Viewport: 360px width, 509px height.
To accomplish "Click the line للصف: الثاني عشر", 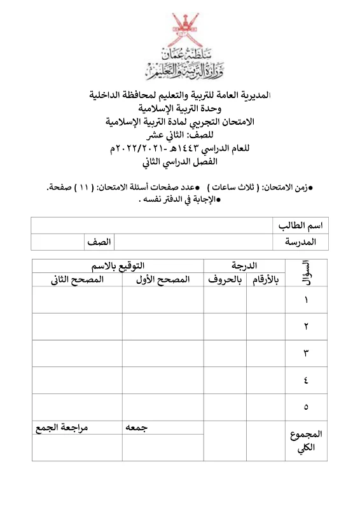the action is click(181, 134).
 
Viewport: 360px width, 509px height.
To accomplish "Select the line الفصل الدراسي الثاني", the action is click(181, 161).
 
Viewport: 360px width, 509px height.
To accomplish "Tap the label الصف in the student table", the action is click(99, 242).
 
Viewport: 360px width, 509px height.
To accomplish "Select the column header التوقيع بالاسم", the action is click(118, 266).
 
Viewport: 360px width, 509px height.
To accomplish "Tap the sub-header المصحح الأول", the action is click(163, 279).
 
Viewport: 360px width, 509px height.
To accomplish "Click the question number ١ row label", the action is click(306, 300).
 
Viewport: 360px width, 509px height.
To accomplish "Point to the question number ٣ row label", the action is click(306, 353).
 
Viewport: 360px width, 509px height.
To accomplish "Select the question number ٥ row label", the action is click(306, 407).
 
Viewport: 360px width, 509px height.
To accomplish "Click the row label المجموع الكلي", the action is click(306, 441).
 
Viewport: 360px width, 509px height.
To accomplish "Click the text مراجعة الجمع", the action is click(60, 428).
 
